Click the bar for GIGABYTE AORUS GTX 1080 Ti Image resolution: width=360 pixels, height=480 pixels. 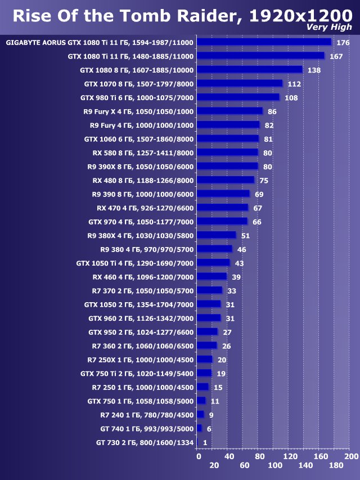click(264, 42)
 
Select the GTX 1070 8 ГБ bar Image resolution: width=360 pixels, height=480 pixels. click(240, 83)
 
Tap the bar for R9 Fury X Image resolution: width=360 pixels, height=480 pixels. click(229, 111)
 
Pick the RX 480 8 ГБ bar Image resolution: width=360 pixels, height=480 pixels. click(226, 180)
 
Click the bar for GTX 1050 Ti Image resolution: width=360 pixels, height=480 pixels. click(213, 263)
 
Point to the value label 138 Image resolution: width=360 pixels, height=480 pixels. click(314, 70)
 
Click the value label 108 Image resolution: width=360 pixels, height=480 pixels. click(291, 98)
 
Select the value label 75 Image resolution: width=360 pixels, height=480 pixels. click(263, 181)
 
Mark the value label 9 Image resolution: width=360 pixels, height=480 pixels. click(211, 415)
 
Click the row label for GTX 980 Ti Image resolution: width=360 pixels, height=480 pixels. click(137, 97)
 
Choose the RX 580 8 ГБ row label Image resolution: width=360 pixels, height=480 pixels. click(143, 152)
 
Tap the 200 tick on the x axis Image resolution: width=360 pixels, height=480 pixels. click(351, 456)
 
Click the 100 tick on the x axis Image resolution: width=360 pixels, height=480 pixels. click(274, 465)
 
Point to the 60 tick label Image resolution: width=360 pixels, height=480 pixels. click(244, 465)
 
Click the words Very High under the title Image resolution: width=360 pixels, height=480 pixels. click(330, 27)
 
